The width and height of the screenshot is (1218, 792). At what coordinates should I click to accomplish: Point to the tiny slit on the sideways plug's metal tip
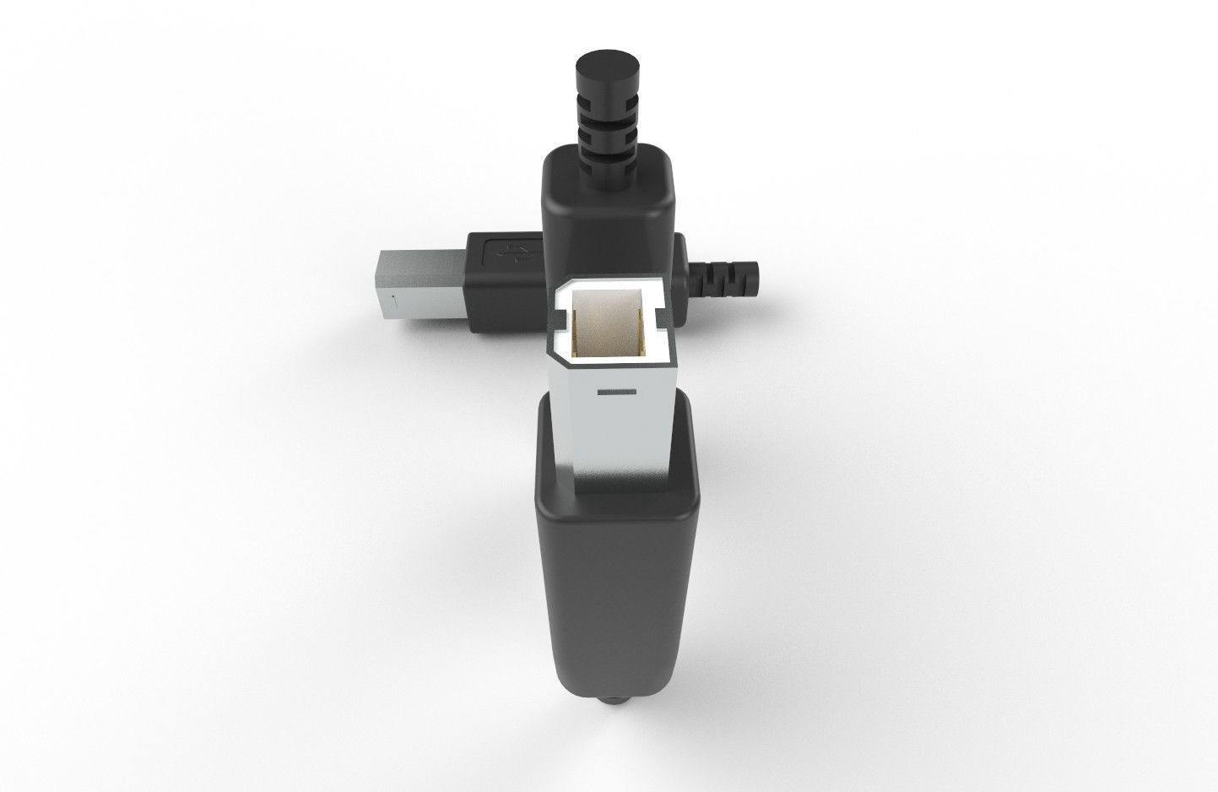pos(393,298)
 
